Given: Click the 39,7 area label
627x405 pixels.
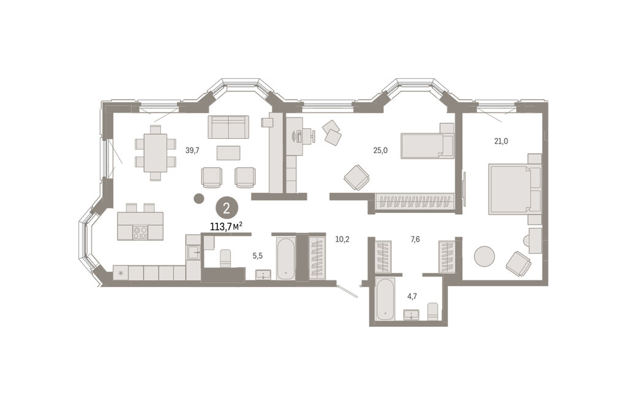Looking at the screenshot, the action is coord(192,150).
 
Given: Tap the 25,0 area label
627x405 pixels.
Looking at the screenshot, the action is coord(380,150).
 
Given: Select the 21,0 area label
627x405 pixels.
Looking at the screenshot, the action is coord(501,141).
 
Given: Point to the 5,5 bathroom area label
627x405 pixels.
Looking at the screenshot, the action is coord(258,256).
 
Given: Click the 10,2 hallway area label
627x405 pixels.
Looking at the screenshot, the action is coord(342,240).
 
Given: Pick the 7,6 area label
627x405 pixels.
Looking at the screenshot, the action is coord(415,240).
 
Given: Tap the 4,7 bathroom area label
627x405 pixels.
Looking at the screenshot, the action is coord(412,296).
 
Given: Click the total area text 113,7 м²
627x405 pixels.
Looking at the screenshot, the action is coord(227,227).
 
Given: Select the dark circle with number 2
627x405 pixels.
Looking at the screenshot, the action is coord(227,209).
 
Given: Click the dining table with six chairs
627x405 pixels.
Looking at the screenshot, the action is coord(155,153).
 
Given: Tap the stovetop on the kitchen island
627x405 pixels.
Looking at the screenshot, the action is coord(140,232).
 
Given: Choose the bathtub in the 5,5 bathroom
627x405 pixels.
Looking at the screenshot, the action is coord(286,258).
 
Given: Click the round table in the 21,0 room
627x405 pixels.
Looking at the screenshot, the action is coord(484,256).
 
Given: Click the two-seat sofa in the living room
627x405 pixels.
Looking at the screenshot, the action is coord(228,127).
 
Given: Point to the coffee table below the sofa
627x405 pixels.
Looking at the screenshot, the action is coord(228,152).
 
